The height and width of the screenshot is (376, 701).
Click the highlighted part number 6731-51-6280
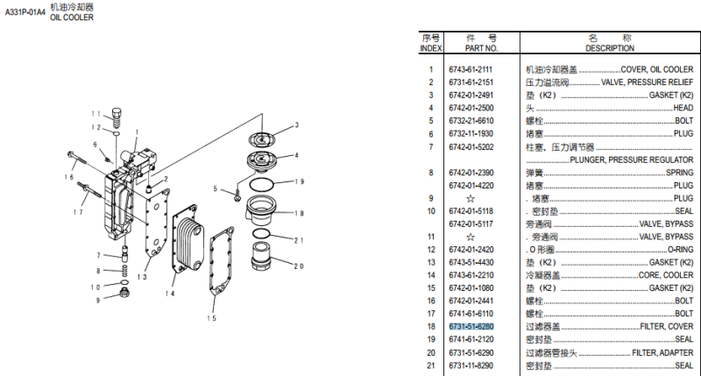471,327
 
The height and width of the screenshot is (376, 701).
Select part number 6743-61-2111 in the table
471,69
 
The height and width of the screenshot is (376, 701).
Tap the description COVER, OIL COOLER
656,69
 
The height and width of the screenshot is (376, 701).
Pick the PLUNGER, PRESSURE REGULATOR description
631,160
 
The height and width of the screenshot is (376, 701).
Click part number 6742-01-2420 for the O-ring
471,250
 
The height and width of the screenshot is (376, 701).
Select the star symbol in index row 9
471,198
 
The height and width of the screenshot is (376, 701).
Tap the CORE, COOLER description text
665,275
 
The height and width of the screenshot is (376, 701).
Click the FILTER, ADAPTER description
662,352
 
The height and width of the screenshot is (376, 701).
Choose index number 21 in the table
430,365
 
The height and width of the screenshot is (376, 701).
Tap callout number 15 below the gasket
211,318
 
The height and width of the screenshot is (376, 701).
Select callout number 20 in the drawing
299,267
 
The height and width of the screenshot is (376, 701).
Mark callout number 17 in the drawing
78,212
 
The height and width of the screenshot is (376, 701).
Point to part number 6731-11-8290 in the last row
471,365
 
